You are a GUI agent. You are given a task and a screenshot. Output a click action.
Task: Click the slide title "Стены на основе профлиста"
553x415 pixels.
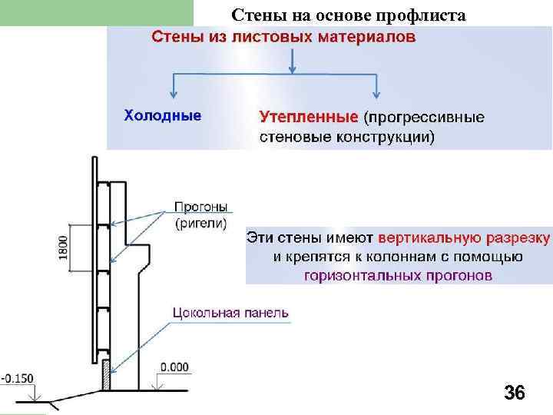348,15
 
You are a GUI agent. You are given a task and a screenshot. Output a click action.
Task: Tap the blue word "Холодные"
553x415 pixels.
163,116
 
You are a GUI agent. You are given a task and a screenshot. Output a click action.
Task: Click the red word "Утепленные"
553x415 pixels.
308,118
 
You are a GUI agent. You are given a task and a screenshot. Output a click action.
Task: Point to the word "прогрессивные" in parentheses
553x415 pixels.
424,118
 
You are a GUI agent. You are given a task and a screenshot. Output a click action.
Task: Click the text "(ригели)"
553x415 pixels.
201,224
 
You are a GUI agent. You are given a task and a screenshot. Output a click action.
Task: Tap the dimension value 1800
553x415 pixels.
64,247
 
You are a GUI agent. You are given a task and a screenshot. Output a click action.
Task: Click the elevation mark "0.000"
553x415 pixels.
175,367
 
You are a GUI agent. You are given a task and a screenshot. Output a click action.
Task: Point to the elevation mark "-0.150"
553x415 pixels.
16,377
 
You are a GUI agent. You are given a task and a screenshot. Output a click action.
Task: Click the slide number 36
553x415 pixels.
514,393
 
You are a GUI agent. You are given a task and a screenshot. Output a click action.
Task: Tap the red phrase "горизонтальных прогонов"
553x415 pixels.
398,276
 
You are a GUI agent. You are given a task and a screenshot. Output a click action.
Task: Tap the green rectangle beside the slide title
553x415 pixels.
96,13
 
